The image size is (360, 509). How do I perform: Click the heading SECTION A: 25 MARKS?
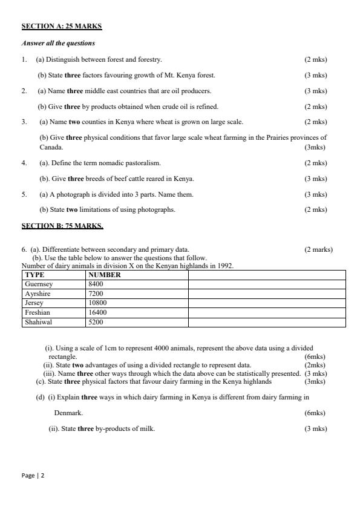[62, 27]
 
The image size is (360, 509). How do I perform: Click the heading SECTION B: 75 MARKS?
[62, 226]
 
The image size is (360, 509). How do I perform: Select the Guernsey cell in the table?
[39, 284]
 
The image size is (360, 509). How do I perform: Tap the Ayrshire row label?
[38, 294]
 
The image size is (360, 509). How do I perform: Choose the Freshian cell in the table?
[38, 313]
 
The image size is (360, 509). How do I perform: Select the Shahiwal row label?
[38, 323]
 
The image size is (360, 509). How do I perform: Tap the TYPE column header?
[34, 275]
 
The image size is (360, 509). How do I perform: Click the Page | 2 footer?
[33, 476]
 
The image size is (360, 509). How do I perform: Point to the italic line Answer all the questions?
[59, 44]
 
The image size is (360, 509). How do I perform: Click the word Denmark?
[68, 413]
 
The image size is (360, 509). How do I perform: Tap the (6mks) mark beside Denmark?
[315, 413]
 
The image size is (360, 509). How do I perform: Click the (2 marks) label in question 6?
[318, 249]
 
